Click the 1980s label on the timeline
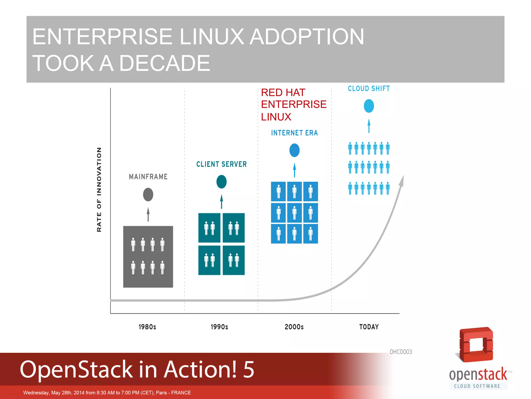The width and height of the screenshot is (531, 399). coord(147,327)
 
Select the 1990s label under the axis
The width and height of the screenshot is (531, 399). coord(219,327)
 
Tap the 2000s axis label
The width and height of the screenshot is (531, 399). coord(294,327)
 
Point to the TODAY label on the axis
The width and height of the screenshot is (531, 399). coord(369,327)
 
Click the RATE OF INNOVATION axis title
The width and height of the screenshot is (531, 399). coord(99,190)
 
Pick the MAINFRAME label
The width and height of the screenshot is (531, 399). coord(148,177)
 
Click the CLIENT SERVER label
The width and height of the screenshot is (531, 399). coord(221,164)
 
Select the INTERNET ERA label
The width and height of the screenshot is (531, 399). coord(294,133)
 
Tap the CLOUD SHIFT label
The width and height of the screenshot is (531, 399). coord(369,89)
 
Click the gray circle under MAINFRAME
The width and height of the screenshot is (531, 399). coord(148,195)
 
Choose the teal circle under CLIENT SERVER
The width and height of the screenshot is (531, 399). coord(221,182)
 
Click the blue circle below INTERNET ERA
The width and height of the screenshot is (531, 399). coord(294,150)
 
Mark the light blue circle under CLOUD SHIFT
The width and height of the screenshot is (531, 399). coord(369,106)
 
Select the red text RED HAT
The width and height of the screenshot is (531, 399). coord(283,92)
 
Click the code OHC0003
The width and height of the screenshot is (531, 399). coord(401,352)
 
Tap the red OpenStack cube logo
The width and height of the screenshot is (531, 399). coord(476,345)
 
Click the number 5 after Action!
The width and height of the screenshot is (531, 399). coord(248,369)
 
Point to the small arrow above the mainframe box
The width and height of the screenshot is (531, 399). coord(148,214)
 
